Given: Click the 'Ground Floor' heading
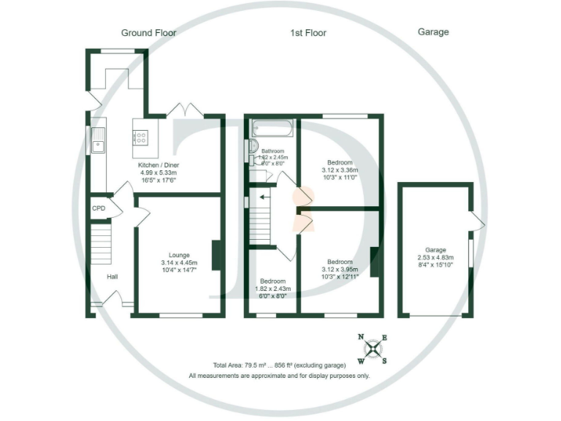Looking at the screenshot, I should coord(148,33).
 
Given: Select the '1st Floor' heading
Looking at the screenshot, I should coord(308,33).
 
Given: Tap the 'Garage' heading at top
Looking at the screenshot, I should coord(432,32).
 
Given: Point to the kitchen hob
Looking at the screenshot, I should coord(140,135).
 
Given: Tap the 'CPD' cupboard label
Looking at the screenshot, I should coord(99,208).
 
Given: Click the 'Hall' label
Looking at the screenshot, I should coord(112,276).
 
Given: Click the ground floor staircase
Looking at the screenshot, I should coord(102,243).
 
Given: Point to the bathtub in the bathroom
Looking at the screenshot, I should coord(272,129).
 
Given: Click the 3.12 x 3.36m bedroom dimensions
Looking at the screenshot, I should coord(340,170).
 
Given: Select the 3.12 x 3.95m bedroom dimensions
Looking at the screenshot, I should coord(340,270).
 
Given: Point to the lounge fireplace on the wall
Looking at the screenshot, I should coord(216,256).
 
